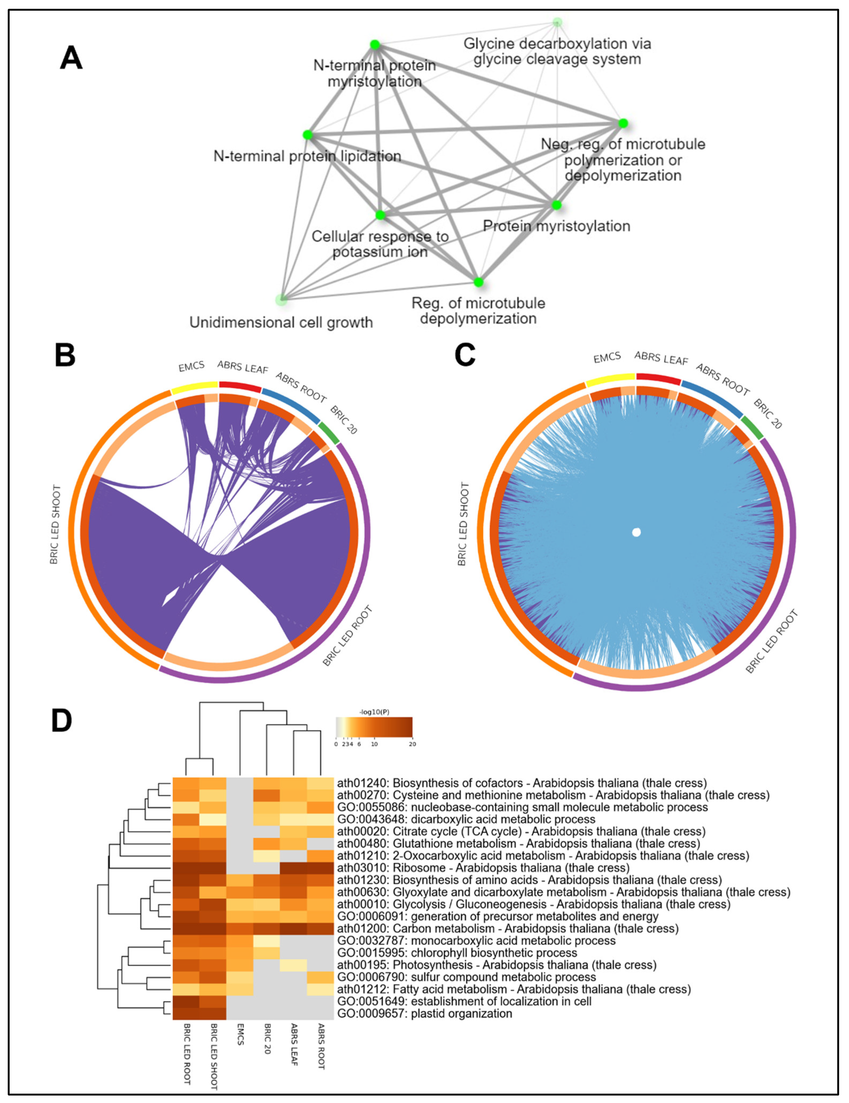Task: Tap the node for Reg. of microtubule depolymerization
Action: point(478,282)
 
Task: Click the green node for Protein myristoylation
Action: point(556,205)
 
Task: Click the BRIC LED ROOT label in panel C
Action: point(772,642)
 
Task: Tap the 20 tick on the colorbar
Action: point(412,744)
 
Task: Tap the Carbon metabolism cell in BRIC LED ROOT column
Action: point(186,928)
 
